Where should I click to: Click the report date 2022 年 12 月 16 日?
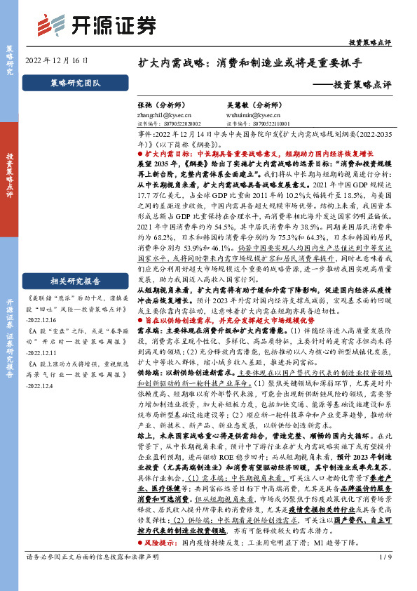pos(57,60)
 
